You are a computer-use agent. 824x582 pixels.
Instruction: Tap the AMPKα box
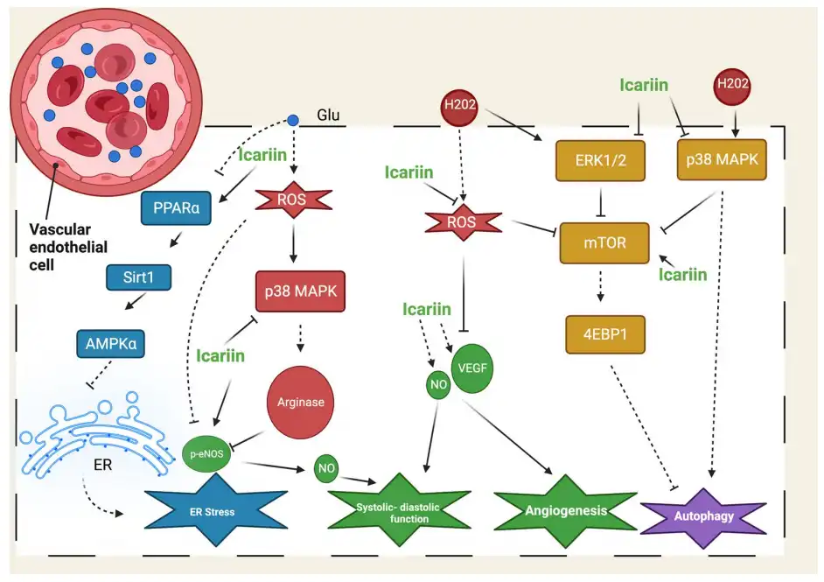click(108, 343)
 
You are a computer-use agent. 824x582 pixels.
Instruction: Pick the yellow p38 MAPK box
click(723, 159)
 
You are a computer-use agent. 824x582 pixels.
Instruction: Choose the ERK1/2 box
click(595, 161)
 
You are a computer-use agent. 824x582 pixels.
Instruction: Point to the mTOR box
click(604, 242)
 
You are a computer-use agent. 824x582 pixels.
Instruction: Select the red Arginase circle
click(300, 403)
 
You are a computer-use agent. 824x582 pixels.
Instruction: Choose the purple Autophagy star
click(704, 515)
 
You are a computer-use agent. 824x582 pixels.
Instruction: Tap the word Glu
click(328, 116)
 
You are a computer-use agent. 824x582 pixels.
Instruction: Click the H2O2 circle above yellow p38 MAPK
click(733, 85)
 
